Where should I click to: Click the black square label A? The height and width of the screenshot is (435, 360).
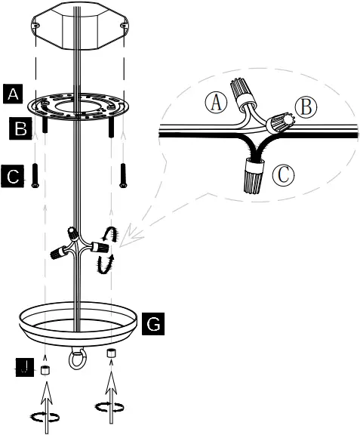click(12, 94)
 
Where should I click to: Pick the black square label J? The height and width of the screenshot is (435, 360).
click(25, 368)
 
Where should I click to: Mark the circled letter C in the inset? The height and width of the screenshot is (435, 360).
click(282, 175)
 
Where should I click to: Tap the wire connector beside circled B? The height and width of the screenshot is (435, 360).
click(282, 122)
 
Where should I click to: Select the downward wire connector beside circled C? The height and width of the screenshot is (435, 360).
click(253, 177)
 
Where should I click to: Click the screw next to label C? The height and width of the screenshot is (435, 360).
click(35, 175)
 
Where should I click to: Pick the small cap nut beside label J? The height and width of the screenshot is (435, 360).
click(45, 370)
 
